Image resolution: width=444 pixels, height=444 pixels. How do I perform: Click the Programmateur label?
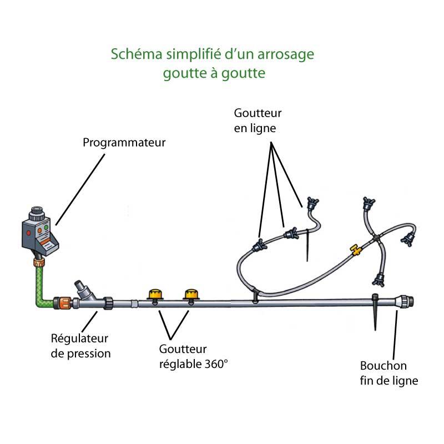tap(124, 143)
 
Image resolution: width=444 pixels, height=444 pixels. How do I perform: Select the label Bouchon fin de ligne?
tap(389, 373)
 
